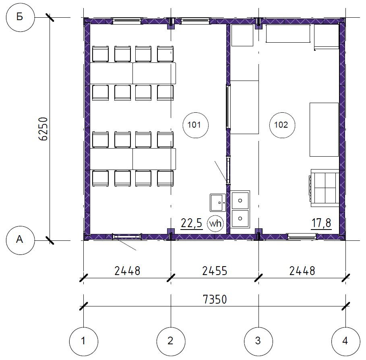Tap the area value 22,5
191,223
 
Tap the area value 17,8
321,223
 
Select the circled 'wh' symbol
215,223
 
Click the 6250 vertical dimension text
43,129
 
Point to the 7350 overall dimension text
215,299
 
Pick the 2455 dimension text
215,271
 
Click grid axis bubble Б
20,17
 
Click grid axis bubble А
20,240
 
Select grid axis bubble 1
84,341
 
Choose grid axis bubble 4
346,341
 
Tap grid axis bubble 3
258,341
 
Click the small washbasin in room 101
218,203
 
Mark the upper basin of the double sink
240,200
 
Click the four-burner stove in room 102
325,188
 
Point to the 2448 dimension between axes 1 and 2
128,271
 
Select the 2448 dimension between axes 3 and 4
302,271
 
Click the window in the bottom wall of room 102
302,237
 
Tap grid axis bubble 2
171,341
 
